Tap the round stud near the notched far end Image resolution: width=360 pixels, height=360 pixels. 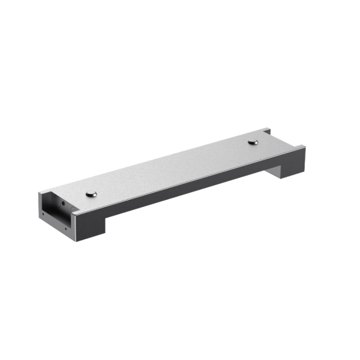pos(253,141)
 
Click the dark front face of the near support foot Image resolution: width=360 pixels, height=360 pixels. pos(91,228)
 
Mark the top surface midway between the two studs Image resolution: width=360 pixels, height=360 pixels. pos(173,167)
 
